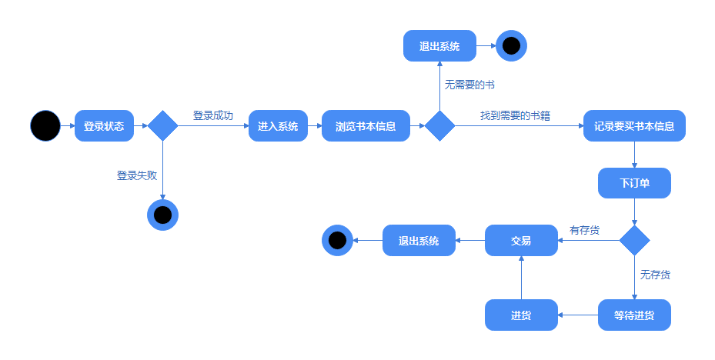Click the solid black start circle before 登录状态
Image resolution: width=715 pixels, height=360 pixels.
pyautogui.click(x=45, y=126)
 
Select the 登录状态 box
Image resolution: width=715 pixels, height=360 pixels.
pyautogui.click(x=104, y=126)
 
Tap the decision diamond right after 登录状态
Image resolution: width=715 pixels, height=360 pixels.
pyautogui.click(x=162, y=126)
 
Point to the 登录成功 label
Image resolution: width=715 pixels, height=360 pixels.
pyautogui.click(x=212, y=115)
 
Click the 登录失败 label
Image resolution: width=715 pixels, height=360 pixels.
pyautogui.click(x=136, y=175)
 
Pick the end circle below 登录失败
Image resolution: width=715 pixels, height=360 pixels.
pyautogui.click(x=162, y=215)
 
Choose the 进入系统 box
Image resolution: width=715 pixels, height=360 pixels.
pyautogui.click(x=278, y=126)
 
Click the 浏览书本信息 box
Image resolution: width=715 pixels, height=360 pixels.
pyautogui.click(x=366, y=126)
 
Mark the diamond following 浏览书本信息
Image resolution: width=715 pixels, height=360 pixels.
pyautogui.click(x=440, y=126)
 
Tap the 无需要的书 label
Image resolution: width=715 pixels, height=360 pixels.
pyautogui.click(x=469, y=84)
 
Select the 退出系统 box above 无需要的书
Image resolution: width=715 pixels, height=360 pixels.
pyautogui.click(x=439, y=46)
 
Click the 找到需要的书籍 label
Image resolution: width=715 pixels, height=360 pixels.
pyautogui.click(x=515, y=115)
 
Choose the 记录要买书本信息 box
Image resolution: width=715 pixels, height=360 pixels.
pyautogui.click(x=634, y=126)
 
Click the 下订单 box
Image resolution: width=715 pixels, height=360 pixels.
pyautogui.click(x=634, y=183)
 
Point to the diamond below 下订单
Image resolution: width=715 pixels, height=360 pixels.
pyautogui.click(x=634, y=241)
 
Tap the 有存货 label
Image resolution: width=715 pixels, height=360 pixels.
pyautogui.click(x=584, y=230)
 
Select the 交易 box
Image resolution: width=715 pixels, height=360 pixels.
pyautogui.click(x=521, y=241)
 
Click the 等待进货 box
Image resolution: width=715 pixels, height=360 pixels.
pyautogui.click(x=634, y=315)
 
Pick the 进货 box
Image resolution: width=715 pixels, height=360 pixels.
pyautogui.click(x=521, y=315)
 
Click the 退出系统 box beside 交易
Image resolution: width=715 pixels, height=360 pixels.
pyautogui.click(x=419, y=241)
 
